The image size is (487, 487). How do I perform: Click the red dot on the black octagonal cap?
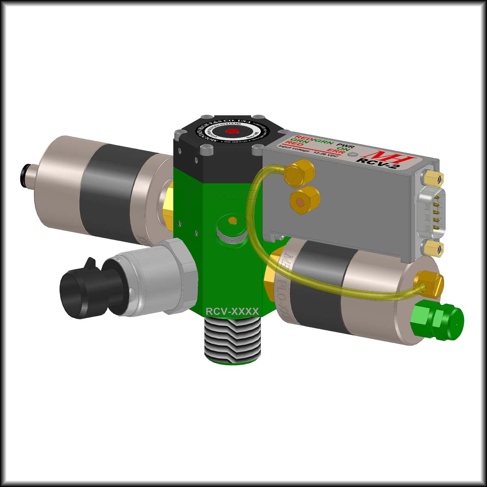(x=233, y=131)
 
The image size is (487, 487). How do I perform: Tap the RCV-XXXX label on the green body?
(x=232, y=311)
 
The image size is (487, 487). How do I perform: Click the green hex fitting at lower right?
(x=438, y=319)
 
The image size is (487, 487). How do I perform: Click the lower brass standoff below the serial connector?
(x=433, y=248)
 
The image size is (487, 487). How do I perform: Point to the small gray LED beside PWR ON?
(x=356, y=155)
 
